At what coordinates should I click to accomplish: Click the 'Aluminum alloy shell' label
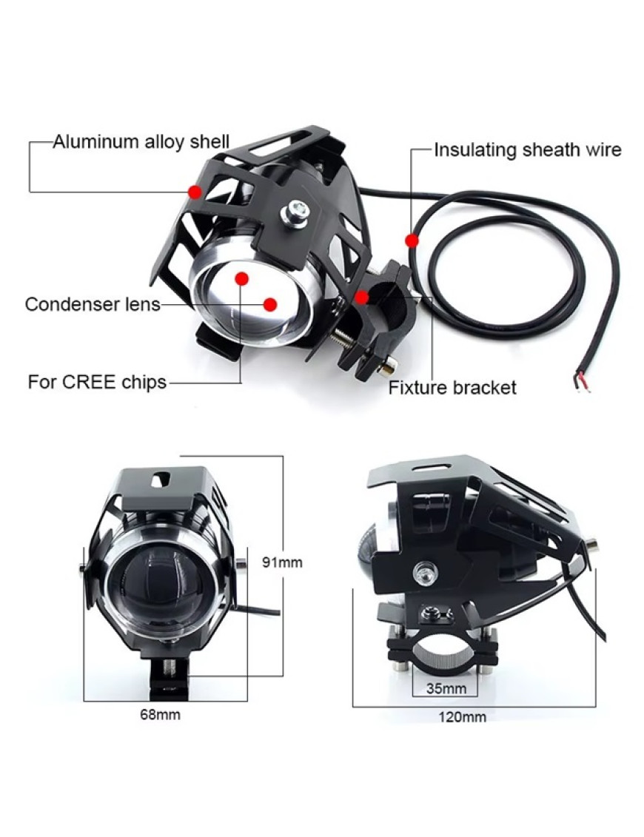coord(141,141)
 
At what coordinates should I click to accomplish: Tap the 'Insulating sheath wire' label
coord(528,150)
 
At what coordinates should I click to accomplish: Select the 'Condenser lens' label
coord(93,304)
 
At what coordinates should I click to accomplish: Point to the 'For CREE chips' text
coord(97,382)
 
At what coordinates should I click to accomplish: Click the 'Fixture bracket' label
coord(452,388)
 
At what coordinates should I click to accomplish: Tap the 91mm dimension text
coord(282,562)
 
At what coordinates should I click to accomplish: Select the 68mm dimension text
coord(160,714)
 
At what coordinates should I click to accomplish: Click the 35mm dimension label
coord(446,688)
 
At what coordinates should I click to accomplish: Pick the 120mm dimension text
coord(463,716)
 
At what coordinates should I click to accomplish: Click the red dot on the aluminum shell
coord(195,192)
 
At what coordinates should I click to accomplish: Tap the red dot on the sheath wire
coord(411,241)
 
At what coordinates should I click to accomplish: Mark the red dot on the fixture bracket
coord(362,298)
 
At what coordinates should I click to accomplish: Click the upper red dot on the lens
coord(242,278)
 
